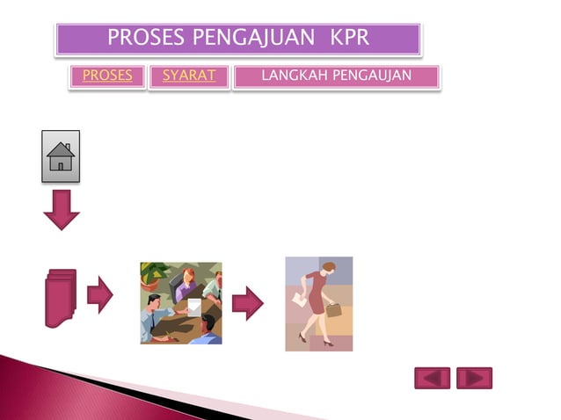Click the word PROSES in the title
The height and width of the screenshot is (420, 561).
click(x=146, y=38)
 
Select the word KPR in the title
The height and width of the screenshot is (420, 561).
click(x=350, y=38)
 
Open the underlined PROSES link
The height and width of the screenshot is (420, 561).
click(x=107, y=76)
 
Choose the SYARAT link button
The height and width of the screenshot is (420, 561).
click(x=189, y=76)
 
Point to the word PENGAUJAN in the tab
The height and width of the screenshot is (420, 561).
click(x=373, y=76)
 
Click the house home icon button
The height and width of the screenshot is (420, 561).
click(x=61, y=156)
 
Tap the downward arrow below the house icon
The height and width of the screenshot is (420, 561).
click(x=62, y=210)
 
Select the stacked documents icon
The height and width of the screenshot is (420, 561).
click(x=61, y=298)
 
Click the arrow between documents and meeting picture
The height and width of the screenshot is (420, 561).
click(x=100, y=295)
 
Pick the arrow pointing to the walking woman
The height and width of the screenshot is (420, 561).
click(x=248, y=303)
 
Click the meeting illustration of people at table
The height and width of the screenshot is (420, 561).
click(x=181, y=303)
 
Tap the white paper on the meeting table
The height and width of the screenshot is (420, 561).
click(x=193, y=306)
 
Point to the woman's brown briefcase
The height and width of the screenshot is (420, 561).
click(x=333, y=309)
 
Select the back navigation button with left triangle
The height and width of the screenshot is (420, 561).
click(x=432, y=378)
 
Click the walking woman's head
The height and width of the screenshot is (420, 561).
click(x=327, y=266)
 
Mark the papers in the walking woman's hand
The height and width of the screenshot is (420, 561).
click(x=298, y=300)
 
